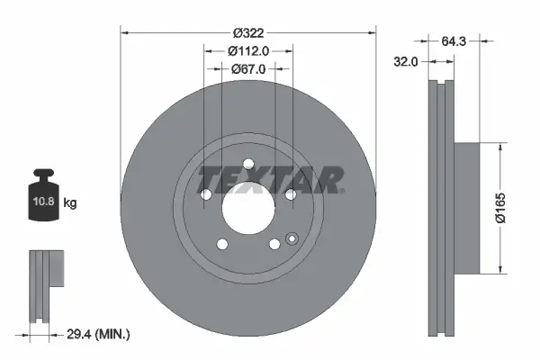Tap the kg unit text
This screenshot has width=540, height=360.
(x=71, y=204)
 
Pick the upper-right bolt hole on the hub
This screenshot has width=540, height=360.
(x=290, y=194)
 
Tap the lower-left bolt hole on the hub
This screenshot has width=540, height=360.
(x=220, y=244)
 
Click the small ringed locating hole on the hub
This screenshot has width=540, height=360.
(x=291, y=238)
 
